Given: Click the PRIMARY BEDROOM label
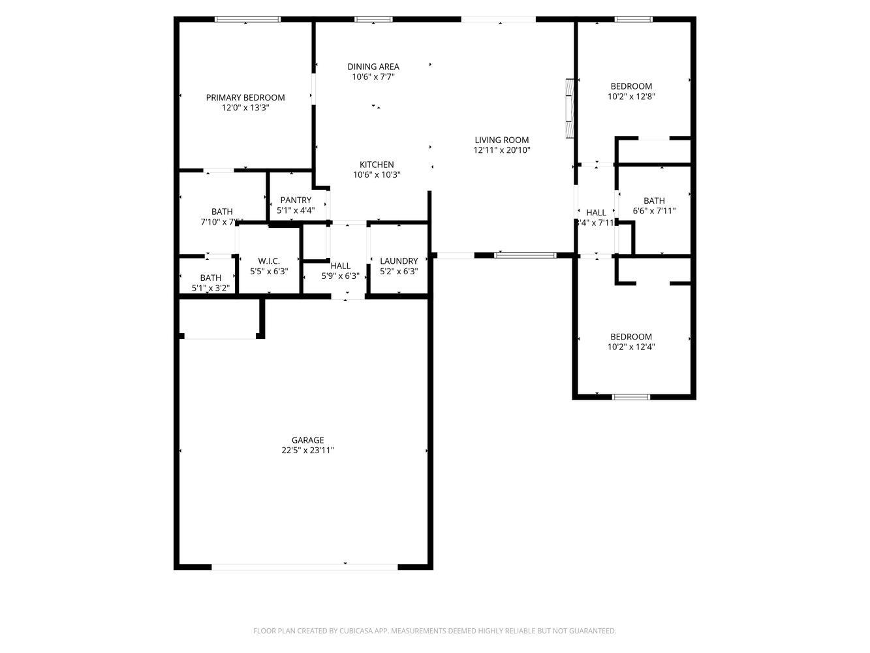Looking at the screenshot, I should click(x=245, y=98).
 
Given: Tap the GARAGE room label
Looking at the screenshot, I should click(x=307, y=440).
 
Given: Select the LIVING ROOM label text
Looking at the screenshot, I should click(x=501, y=140).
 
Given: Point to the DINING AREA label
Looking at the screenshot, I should click(x=373, y=67).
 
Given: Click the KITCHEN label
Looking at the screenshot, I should click(x=377, y=165).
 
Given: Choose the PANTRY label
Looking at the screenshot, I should click(x=296, y=200).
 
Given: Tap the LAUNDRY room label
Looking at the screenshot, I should click(x=399, y=261).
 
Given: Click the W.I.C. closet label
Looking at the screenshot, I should click(x=268, y=261).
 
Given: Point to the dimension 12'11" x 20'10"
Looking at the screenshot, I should click(x=501, y=150).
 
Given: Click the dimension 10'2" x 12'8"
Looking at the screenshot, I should click(x=631, y=96).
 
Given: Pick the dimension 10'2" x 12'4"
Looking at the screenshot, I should click(x=631, y=347).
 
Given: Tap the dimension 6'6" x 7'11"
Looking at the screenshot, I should click(x=654, y=211).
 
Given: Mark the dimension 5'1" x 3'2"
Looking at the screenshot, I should click(x=210, y=288).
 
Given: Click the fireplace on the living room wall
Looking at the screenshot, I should click(x=570, y=108).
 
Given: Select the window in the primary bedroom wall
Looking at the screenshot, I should click(x=248, y=20).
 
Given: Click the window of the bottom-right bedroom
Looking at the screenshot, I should click(x=631, y=396).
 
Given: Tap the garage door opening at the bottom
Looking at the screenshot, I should click(x=305, y=567).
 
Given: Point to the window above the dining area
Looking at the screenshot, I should click(x=373, y=20).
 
